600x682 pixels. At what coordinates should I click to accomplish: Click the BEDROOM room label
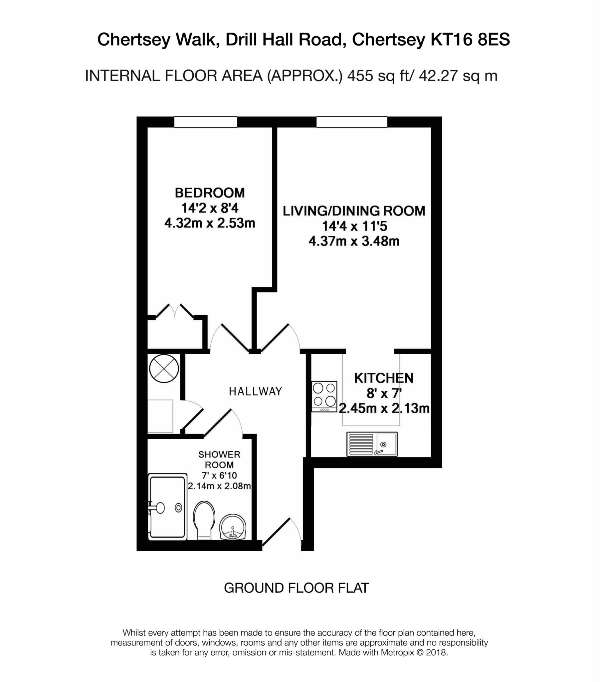tap(209, 193)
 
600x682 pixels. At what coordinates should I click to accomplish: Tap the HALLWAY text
tap(255, 391)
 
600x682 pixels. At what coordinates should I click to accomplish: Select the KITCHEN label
tap(384, 378)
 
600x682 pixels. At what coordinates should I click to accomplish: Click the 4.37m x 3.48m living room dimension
tap(354, 241)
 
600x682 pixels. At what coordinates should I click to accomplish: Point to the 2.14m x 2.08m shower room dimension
tap(219, 486)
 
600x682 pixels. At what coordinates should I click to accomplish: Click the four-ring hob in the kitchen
tap(324, 396)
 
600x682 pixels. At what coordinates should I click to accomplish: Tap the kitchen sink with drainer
tap(372, 444)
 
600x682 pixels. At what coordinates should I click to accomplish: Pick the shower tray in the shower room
tap(167, 507)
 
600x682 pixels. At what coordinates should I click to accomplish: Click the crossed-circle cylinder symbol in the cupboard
tap(164, 368)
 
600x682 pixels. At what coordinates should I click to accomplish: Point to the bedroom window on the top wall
tap(205, 122)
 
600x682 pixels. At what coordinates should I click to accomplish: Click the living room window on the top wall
tap(351, 122)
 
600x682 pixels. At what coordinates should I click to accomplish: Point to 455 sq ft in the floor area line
tap(375, 76)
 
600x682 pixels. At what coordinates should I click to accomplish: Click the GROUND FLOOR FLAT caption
tap(296, 588)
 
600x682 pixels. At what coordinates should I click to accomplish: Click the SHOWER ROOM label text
tap(219, 460)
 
